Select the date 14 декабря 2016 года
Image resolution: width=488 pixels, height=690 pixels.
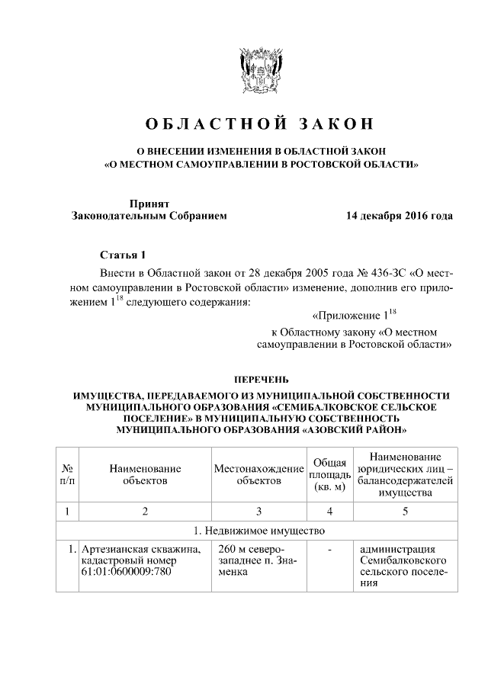tap(399, 216)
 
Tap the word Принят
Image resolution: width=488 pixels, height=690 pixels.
tap(149, 203)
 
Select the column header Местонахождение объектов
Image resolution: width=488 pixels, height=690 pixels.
tap(258, 474)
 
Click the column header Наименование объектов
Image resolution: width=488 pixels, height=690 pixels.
tap(145, 474)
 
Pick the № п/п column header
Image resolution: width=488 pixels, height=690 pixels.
tap(68, 474)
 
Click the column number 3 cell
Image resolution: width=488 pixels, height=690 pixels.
tap(258, 511)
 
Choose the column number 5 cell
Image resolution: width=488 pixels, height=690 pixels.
tap(405, 511)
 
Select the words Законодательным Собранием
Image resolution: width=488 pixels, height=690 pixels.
tap(149, 216)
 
